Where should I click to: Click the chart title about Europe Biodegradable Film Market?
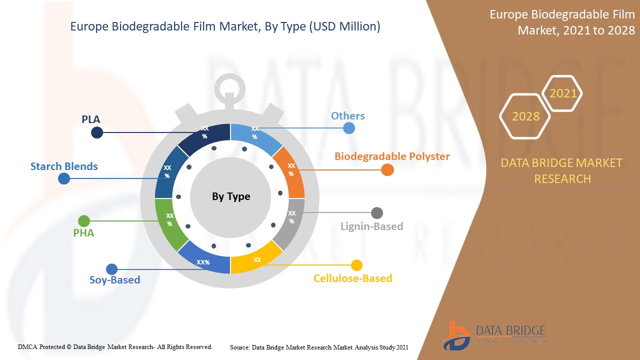click(x=225, y=27)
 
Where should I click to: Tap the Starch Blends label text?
click(x=64, y=166)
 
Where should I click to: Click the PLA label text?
click(x=91, y=119)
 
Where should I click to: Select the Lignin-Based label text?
click(x=371, y=226)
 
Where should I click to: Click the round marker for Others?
click(x=349, y=128)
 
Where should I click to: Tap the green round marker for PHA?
click(x=84, y=221)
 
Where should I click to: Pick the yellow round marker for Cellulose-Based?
click(x=356, y=265)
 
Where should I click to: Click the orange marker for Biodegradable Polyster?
click(x=387, y=170)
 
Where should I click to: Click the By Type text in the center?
click(x=231, y=196)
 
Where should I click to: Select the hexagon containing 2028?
click(x=525, y=116)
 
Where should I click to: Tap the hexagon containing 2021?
click(x=562, y=93)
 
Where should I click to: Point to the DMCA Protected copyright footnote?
click(x=115, y=346)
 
